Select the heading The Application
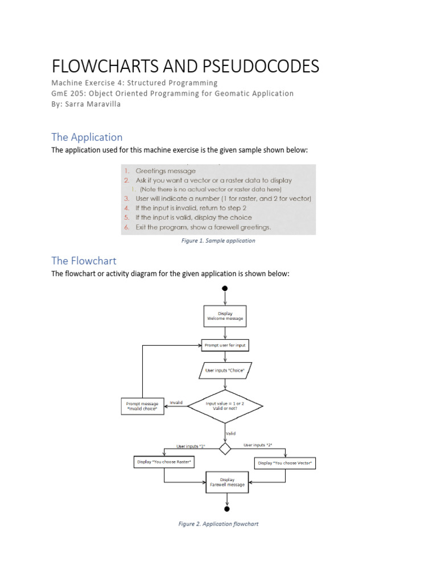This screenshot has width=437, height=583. [86, 137]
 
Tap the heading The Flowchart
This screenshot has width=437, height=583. [84, 261]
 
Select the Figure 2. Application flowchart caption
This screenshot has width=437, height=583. [218, 524]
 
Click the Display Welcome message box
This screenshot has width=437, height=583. [225, 316]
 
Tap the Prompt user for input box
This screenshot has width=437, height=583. [225, 345]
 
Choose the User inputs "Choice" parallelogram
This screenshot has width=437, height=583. [225, 370]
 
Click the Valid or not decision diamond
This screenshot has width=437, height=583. [225, 406]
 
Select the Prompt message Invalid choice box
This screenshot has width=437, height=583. [142, 407]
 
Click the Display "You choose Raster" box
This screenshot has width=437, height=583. [164, 462]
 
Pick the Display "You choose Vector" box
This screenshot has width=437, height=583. [286, 463]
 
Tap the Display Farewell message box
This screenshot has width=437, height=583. [227, 482]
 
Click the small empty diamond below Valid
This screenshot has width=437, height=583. [225, 449]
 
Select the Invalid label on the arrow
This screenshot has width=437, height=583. [176, 403]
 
